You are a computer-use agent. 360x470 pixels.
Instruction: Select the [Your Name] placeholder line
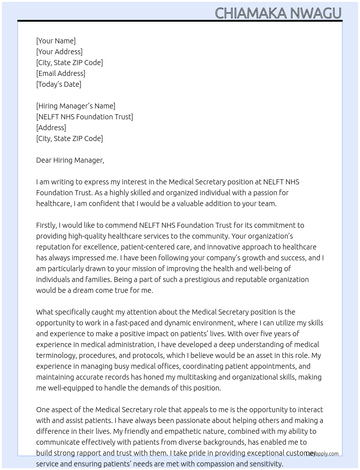pyautogui.click(x=56, y=41)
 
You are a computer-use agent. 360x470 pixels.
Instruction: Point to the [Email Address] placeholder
pyautogui.click(x=61, y=73)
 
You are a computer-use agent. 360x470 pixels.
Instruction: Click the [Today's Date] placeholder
pyautogui.click(x=59, y=84)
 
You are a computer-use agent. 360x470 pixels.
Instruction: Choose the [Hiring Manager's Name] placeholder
pyautogui.click(x=76, y=106)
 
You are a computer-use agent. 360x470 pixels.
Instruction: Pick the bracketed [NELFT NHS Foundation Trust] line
pyautogui.click(x=85, y=117)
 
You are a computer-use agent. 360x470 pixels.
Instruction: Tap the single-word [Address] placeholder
pyautogui.click(x=51, y=128)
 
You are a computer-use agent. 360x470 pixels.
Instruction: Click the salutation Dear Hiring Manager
pyautogui.click(x=70, y=160)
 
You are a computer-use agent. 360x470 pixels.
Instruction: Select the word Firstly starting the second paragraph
pyautogui.click(x=46, y=225)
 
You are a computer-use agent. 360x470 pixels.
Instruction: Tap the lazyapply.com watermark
pyautogui.click(x=322, y=454)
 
